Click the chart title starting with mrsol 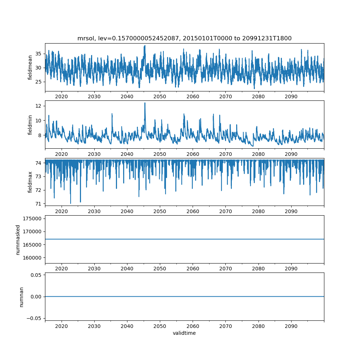(x=184, y=38)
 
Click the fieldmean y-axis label (x=30, y=67)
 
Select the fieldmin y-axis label (x=30, y=125)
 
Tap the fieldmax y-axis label (x=30, y=182)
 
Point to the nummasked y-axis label (x=18, y=239)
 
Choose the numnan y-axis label (x=22, y=297)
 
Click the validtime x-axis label (x=184, y=333)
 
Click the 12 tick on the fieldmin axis (x=38, y=106)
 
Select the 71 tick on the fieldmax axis (x=38, y=204)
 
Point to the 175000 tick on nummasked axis (x=31, y=219)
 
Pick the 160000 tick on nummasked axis (x=31, y=258)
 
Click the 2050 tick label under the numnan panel (x=160, y=326)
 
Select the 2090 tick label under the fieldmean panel (x=291, y=96)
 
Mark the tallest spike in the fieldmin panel (x=145, y=103)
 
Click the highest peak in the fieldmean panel (x=145, y=46)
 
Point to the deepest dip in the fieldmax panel (x=71, y=203)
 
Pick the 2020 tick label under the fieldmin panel (x=62, y=154)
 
